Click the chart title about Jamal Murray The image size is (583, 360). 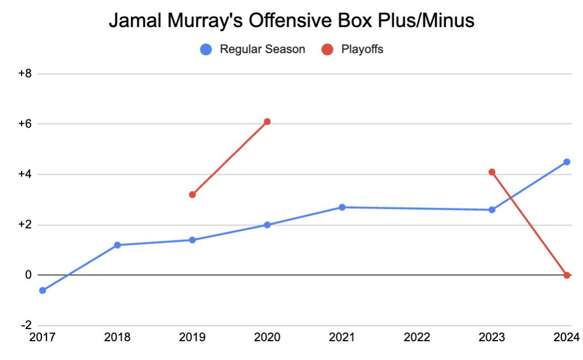click(x=291, y=21)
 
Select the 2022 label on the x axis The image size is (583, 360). click(x=417, y=337)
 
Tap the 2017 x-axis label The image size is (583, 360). click(x=43, y=337)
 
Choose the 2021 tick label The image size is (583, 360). click(x=342, y=337)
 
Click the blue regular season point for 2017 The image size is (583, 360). click(x=43, y=290)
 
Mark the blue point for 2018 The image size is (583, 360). click(x=117, y=245)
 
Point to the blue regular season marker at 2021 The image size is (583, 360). click(x=342, y=207)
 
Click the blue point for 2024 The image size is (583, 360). click(x=566, y=162)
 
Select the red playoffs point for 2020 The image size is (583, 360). click(x=267, y=121)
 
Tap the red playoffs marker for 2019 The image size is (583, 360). click(x=192, y=194)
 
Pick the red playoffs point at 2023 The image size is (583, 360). click(x=492, y=172)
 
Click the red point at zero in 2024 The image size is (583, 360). click(x=566, y=275)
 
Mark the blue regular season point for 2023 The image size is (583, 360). click(x=492, y=210)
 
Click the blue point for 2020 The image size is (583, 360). click(x=267, y=225)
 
